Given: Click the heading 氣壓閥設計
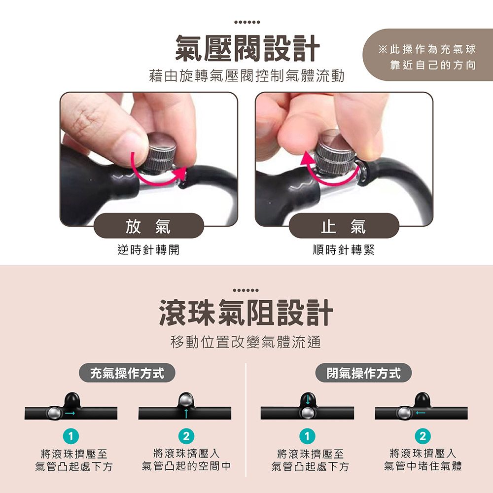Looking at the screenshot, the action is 247,48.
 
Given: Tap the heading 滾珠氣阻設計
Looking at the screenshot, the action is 246,313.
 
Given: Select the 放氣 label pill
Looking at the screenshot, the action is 149,226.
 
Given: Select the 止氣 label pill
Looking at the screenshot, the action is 344,226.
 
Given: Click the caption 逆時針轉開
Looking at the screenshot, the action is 148,250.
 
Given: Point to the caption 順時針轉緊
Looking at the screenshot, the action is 344,250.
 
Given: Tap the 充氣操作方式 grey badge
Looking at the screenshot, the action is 127,373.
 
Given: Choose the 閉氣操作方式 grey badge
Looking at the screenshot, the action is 363,373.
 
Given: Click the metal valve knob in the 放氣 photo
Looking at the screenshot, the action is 161,151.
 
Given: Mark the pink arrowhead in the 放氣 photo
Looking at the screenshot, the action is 179,173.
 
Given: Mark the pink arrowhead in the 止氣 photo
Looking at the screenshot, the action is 308,158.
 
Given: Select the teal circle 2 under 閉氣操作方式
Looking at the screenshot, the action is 423,436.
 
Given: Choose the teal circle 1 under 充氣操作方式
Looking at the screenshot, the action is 70,436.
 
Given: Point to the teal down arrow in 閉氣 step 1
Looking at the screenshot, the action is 308,399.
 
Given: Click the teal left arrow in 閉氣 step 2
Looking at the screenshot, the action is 421,413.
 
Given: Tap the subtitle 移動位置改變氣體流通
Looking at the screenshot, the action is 246,342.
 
